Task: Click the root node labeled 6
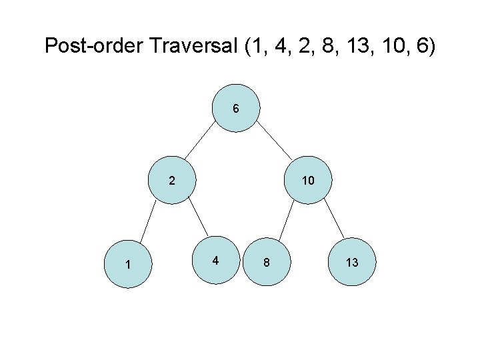[x=236, y=109]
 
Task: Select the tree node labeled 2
[x=172, y=180]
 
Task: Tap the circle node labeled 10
[x=307, y=180]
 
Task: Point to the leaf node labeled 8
[x=267, y=263]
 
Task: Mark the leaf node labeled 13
[x=352, y=263]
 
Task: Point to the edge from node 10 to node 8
[x=287, y=221]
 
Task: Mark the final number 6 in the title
[x=423, y=46]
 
